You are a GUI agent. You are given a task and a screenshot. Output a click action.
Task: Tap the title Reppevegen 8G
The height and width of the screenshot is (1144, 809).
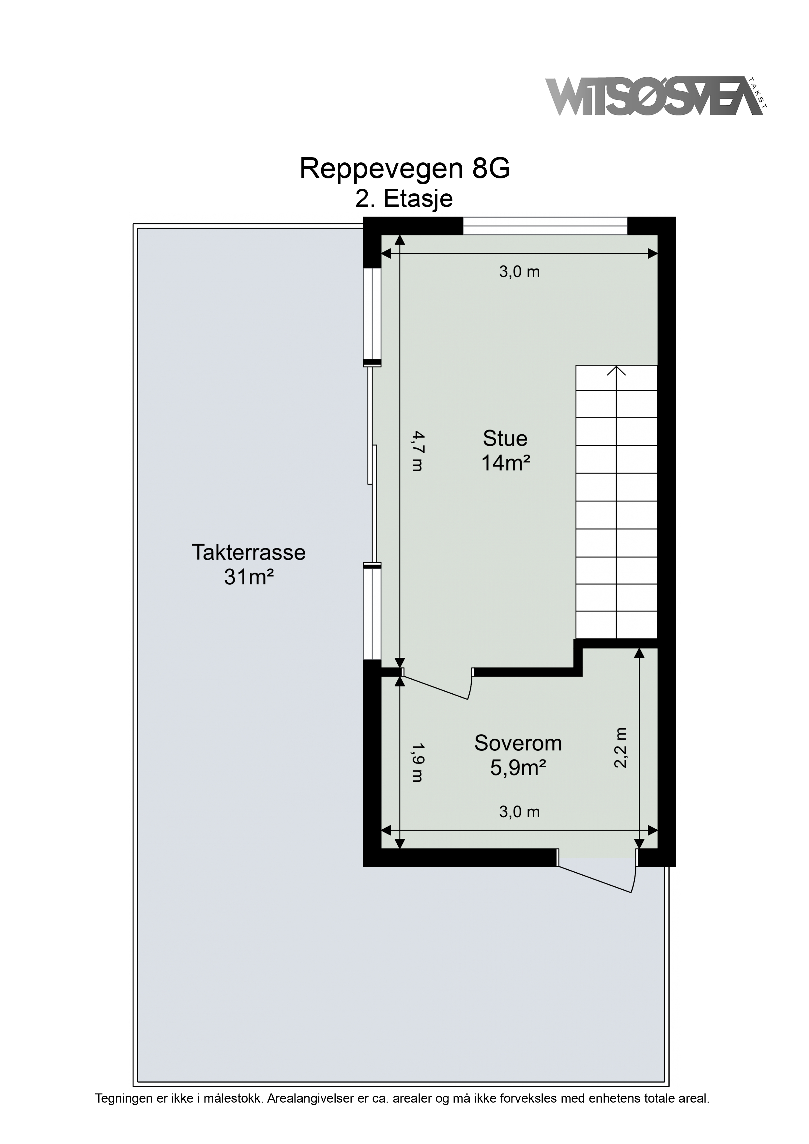pyautogui.click(x=405, y=169)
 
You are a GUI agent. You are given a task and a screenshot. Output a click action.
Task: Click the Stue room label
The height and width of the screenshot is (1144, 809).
pyautogui.click(x=505, y=439)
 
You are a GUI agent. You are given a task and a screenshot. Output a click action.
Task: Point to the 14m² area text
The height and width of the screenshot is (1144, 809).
pyautogui.click(x=505, y=463)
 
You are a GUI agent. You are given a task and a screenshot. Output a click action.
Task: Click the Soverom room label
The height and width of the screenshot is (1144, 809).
pyautogui.click(x=518, y=744)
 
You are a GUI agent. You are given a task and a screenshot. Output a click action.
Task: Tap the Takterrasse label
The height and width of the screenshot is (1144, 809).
pyautogui.click(x=248, y=552)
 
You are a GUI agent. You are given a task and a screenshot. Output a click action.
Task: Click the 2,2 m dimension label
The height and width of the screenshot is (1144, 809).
pyautogui.click(x=620, y=748)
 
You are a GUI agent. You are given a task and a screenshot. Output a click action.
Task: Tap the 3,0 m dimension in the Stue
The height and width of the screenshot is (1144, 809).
pyautogui.click(x=519, y=272)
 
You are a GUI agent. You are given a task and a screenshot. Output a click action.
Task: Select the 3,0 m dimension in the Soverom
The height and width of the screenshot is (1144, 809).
pyautogui.click(x=519, y=812)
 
